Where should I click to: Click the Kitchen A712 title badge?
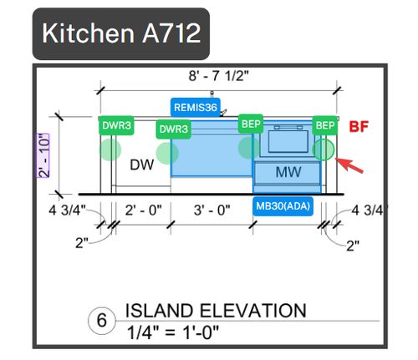[x=121, y=33]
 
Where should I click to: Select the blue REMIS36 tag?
[x=196, y=107]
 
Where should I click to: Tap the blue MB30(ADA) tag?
[x=283, y=206]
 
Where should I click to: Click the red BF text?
[x=359, y=126]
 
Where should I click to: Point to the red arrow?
[x=349, y=165]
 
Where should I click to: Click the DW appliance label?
[x=142, y=165]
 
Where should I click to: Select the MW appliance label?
[x=288, y=172]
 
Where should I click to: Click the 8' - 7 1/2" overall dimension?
[x=218, y=76]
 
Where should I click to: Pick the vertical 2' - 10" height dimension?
[x=43, y=155]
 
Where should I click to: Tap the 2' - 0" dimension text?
[x=143, y=210]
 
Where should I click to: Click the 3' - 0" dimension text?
[x=212, y=210]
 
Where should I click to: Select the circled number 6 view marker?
[x=102, y=321]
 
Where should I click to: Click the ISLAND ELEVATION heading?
[x=216, y=311]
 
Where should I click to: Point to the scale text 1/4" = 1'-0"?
[x=173, y=332]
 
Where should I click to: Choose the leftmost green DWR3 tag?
[x=116, y=125]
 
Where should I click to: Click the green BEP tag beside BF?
[x=325, y=125]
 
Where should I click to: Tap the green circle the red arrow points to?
[x=324, y=150]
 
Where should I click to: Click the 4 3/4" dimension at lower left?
[x=67, y=210]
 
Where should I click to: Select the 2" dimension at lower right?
[x=353, y=246]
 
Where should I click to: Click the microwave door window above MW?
[x=288, y=141]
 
